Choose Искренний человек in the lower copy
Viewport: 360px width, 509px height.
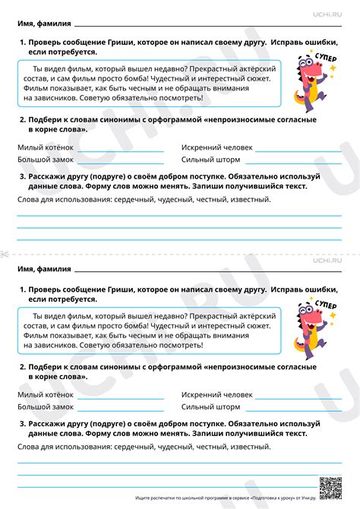(x=217, y=395)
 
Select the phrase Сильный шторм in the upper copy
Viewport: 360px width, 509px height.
(x=210, y=160)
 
